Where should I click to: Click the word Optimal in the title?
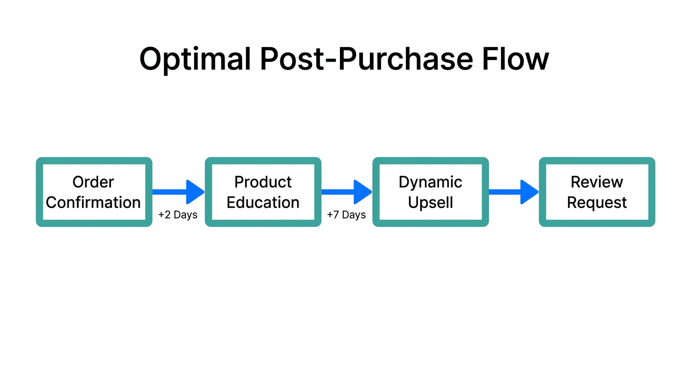point(195,59)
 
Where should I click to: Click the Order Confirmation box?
point(93,192)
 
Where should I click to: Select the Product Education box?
point(263,192)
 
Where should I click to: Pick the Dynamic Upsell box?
point(430,192)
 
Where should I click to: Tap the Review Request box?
point(597,192)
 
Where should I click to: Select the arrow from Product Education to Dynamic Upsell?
point(346,192)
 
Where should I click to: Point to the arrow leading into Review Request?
point(513,192)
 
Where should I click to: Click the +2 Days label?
point(178,215)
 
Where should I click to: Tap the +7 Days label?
point(346,215)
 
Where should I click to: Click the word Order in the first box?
point(93,182)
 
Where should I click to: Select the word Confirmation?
point(93,202)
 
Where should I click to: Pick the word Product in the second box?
point(263,182)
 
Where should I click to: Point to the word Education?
point(263,202)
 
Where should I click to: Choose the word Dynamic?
point(430,182)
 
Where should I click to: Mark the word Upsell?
point(430,203)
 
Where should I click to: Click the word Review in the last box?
point(597,182)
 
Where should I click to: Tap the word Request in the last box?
point(597,203)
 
